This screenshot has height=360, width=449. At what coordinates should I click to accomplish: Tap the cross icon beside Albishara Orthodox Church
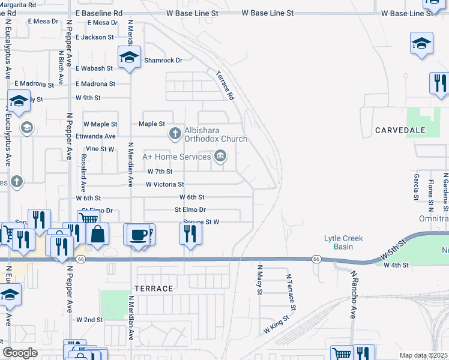(175, 133)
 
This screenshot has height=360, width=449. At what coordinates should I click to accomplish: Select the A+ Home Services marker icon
(220, 157)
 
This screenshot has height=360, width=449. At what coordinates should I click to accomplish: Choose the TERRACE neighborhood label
(154, 289)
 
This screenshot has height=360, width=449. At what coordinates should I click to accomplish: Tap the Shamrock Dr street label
(162, 60)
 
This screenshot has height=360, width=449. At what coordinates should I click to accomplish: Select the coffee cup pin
(138, 233)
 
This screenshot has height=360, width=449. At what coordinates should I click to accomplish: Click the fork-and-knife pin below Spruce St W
(190, 233)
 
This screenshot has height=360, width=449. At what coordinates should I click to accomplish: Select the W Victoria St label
(164, 184)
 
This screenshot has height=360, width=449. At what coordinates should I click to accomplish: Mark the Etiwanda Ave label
(95, 136)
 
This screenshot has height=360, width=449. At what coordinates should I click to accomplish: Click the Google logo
(20, 352)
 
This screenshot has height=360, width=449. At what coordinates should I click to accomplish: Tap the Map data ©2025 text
(423, 355)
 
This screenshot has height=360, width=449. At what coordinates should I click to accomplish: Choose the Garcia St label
(415, 187)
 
